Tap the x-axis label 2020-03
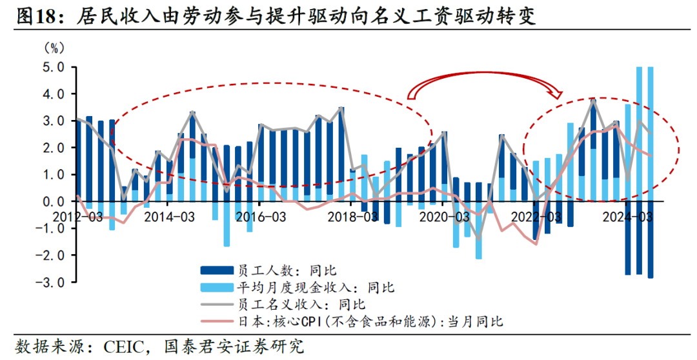(444, 217)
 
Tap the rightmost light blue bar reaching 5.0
(650, 129)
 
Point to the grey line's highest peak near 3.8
(593, 100)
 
